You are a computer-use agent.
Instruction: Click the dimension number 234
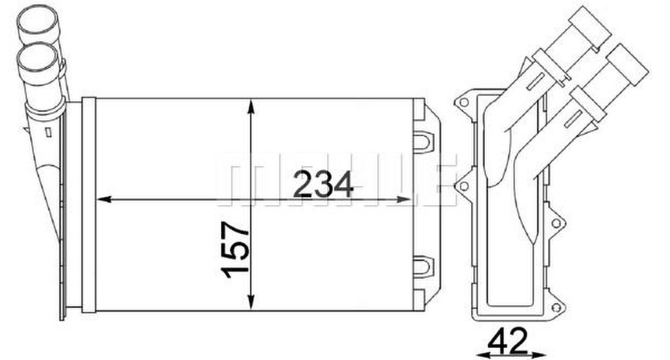[x=323, y=185]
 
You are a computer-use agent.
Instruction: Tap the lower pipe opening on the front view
[x=37, y=56]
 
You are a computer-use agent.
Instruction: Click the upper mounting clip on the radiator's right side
[x=423, y=140]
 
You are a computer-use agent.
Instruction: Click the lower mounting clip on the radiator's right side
[x=423, y=266]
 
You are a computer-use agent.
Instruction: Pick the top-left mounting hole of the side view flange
[x=463, y=102]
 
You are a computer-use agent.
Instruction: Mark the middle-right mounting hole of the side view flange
[x=556, y=224]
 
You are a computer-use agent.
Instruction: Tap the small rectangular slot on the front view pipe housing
[x=48, y=132]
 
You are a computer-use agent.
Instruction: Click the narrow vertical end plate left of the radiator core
[x=89, y=205]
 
